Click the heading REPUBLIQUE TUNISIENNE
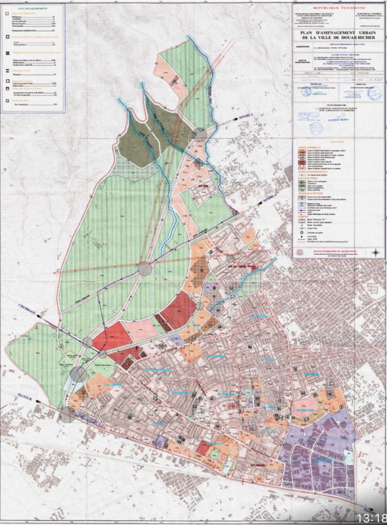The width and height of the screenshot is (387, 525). pyautogui.click(x=339, y=8)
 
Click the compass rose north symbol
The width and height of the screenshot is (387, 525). pyautogui.click(x=375, y=252)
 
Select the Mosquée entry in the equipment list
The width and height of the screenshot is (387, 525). pyautogui.click(x=17, y=74)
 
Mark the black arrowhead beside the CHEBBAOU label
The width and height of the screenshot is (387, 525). pyautogui.click(x=42, y=317)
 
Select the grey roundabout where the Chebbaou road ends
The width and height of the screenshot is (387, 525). pyautogui.click(x=88, y=342)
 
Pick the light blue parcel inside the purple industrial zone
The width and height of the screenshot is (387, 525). pyautogui.click(x=348, y=457)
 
